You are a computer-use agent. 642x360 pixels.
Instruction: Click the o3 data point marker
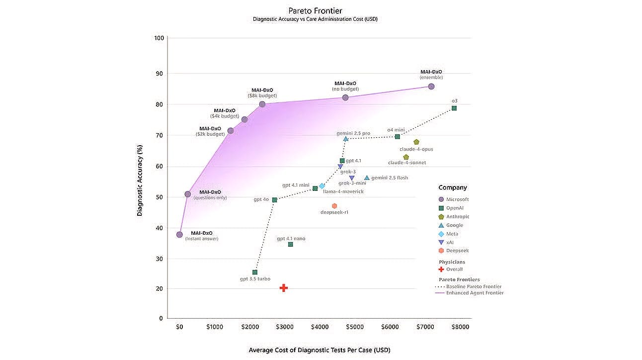(454, 108)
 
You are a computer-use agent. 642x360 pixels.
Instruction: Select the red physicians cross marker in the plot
(284, 288)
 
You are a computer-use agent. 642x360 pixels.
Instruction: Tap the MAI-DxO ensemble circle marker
(431, 87)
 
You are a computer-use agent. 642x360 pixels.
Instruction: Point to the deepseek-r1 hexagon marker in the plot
(334, 206)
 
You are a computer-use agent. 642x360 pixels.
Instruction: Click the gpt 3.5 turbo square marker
(255, 272)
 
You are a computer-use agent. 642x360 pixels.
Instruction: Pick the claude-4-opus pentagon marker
(416, 142)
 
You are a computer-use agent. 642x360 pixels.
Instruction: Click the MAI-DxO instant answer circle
(179, 235)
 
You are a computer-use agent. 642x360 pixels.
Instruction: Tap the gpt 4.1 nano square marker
(291, 245)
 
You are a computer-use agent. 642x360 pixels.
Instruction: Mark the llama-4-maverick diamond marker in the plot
(322, 186)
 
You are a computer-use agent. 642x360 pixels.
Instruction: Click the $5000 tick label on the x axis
(355, 327)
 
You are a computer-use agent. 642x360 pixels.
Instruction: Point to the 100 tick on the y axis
(159, 38)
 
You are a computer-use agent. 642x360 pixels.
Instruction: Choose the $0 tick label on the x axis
(179, 327)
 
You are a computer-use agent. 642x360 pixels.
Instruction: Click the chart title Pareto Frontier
(316, 10)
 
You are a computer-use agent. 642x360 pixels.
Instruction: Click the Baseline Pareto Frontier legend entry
(474, 286)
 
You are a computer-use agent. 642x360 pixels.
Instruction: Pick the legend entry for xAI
(450, 243)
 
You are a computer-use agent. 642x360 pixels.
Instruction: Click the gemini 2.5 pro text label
(353, 133)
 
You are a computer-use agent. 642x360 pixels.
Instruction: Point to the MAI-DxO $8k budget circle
(262, 104)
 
